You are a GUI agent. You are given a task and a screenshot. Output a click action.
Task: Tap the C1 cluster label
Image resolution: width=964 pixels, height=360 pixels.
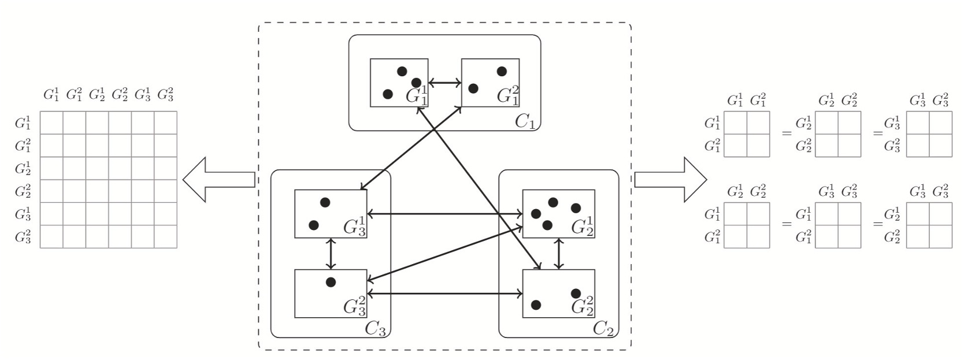pos(525,121)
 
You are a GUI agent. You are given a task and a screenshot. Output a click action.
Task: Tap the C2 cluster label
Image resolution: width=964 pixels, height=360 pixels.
pos(603,328)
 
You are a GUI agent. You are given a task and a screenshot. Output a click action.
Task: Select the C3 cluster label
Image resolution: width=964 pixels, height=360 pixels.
pos(375,328)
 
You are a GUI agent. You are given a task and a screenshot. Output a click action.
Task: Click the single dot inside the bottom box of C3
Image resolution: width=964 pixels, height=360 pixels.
pos(331,282)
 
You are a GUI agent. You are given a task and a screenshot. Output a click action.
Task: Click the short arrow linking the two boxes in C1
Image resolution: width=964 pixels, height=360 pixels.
pos(444,83)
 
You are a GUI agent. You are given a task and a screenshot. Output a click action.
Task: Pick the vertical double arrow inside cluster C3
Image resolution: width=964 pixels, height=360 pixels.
pos(331,254)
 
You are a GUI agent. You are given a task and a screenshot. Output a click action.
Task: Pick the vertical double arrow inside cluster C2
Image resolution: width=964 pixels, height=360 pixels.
pos(558,254)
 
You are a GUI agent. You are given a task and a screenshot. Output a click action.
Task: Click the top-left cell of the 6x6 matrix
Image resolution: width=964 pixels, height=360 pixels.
pos(51,123)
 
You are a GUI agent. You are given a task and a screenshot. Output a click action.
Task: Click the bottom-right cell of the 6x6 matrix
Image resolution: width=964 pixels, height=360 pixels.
pos(165,236)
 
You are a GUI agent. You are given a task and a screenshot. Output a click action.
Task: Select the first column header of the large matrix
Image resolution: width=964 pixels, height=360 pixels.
pos(51,94)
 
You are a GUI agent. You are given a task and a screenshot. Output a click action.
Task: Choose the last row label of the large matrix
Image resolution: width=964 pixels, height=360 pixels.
pos(23,236)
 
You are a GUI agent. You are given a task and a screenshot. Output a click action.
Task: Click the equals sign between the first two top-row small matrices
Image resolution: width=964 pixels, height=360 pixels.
pos(786,133)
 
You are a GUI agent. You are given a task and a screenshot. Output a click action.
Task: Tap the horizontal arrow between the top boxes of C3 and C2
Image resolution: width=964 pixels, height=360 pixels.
pos(444,214)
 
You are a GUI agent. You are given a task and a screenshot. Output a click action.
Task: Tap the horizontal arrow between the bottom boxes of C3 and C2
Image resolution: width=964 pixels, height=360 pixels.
pos(444,294)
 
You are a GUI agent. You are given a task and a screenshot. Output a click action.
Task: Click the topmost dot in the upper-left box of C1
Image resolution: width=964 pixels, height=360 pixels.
pos(402,72)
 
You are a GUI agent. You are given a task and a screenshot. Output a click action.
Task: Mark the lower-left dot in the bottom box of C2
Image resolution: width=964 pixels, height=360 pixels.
pos(536,305)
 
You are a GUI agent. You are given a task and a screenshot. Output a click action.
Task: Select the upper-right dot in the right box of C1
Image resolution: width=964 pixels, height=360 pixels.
pos(502,71)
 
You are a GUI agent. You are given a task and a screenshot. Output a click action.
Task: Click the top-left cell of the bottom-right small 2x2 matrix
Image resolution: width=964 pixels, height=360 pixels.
pos(918,214)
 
